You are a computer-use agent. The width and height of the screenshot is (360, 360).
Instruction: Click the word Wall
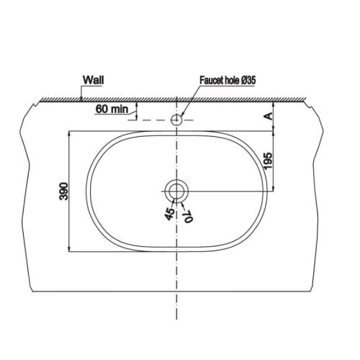tap(94, 81)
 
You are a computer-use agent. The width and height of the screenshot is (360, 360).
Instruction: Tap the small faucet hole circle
tap(176, 119)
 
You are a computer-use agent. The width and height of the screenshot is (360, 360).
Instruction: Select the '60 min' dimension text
tap(111, 109)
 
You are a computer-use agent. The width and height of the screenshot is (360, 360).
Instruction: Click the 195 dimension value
tap(267, 161)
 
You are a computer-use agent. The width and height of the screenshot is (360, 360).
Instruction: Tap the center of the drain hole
tap(176, 191)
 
